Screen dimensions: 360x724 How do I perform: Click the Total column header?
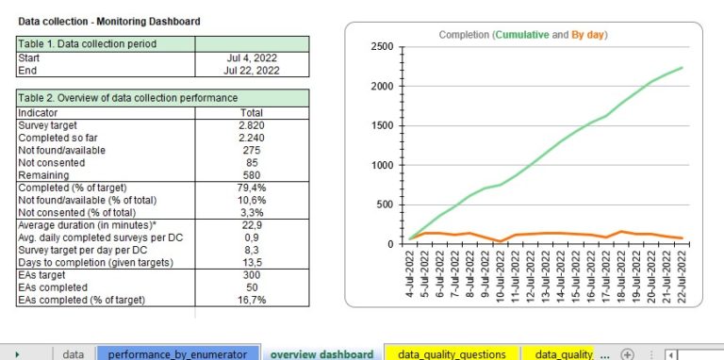coord(251,111)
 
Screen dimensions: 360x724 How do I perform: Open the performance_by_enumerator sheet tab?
coord(177,353)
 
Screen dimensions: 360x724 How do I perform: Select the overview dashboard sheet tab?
coord(321,353)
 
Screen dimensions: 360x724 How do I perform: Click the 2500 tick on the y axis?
coord(382,47)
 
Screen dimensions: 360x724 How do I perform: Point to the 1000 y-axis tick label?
coord(382,166)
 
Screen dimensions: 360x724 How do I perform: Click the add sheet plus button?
coord(628,353)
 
